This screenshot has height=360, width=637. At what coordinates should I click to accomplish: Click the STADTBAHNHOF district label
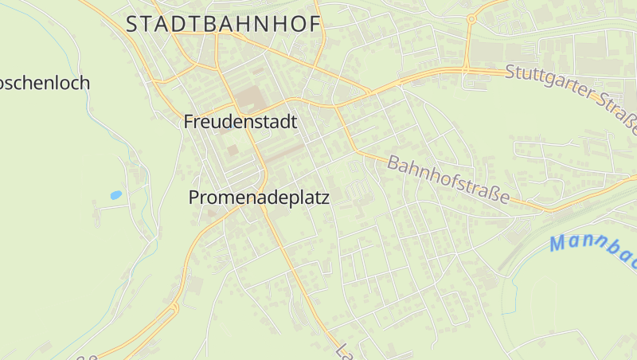tap(224, 24)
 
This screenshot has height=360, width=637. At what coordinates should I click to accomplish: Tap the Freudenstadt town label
tap(240, 122)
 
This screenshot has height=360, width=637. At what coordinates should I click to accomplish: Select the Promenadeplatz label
tap(259, 198)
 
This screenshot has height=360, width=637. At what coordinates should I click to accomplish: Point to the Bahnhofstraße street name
tap(447, 181)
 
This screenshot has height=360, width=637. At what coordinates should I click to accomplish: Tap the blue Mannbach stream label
tap(593, 247)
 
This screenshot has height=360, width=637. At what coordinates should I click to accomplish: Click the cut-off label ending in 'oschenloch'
tap(44, 83)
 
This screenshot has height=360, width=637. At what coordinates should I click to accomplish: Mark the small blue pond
tap(116, 194)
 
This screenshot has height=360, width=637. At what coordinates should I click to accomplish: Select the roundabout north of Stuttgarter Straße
tap(471, 18)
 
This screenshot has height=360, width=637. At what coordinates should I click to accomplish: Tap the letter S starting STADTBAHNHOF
tap(133, 24)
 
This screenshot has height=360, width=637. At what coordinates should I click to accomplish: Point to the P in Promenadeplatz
tap(194, 198)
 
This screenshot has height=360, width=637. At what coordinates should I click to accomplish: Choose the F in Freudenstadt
tap(189, 122)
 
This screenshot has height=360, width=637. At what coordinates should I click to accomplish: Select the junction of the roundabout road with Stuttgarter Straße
tap(465, 69)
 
